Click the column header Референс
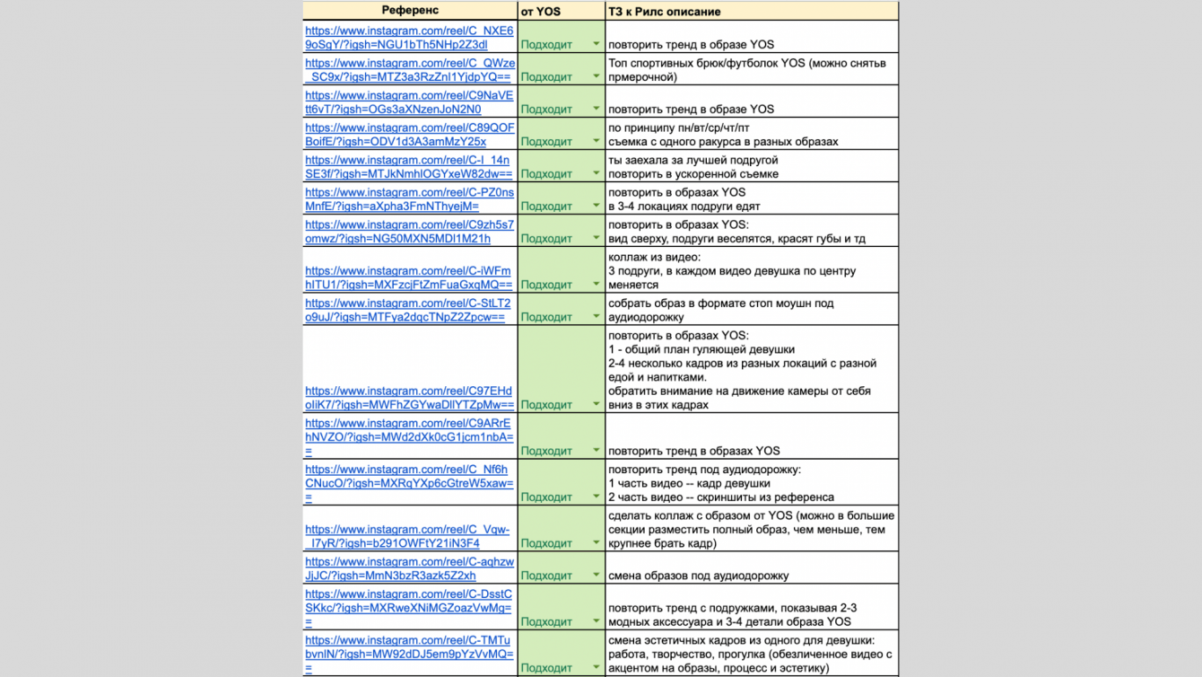410,11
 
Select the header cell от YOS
541,12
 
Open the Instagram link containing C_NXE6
409,38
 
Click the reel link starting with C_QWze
409,70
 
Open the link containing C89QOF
409,135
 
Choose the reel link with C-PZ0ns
409,199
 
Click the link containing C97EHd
409,398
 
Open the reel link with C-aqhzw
409,568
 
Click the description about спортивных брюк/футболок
746,70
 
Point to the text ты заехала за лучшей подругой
693,160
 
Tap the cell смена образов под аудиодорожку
698,576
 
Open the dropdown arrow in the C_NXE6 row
596,44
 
